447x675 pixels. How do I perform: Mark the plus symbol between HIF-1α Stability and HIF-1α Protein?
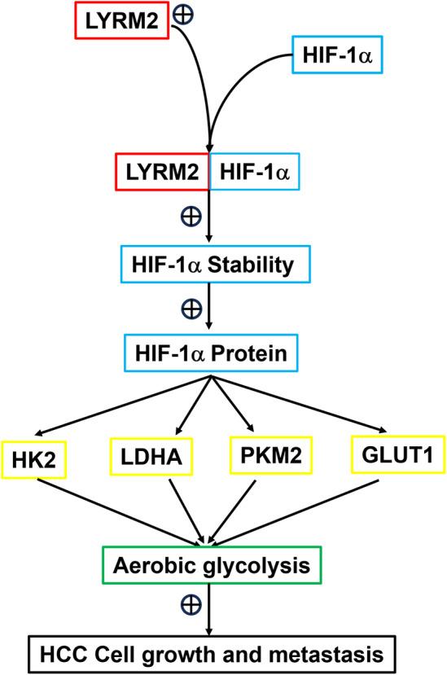point(191,309)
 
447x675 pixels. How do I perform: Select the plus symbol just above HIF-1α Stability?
point(191,218)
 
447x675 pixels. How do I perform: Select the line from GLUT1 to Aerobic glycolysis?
point(301,510)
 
